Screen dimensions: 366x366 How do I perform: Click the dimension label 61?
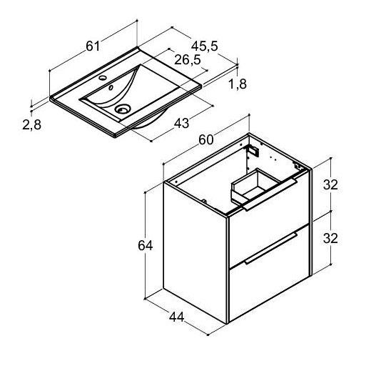93,46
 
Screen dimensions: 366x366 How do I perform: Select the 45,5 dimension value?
205,46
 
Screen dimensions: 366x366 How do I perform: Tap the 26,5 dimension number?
188,60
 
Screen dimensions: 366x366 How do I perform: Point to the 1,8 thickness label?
238,84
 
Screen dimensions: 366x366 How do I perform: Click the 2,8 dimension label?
32,124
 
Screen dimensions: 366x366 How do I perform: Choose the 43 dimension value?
182,123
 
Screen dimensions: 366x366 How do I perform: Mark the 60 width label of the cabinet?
206,139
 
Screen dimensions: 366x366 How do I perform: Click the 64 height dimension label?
146,245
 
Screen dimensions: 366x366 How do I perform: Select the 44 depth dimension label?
177,317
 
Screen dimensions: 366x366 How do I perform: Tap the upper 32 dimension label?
330,184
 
